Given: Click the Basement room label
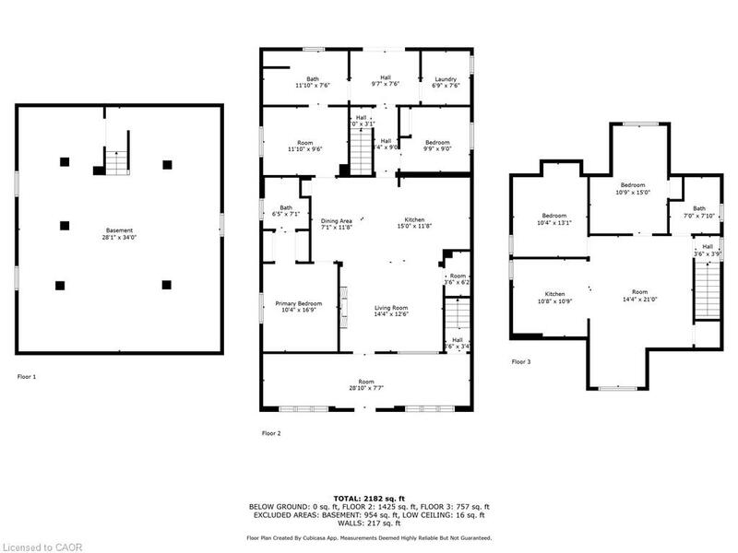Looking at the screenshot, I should point(119,230).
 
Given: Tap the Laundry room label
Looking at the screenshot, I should point(446,79).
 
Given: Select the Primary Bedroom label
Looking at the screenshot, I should point(298,303).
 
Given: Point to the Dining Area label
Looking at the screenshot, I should point(336,221).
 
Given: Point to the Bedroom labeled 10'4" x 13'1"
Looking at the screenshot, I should point(554,221).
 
